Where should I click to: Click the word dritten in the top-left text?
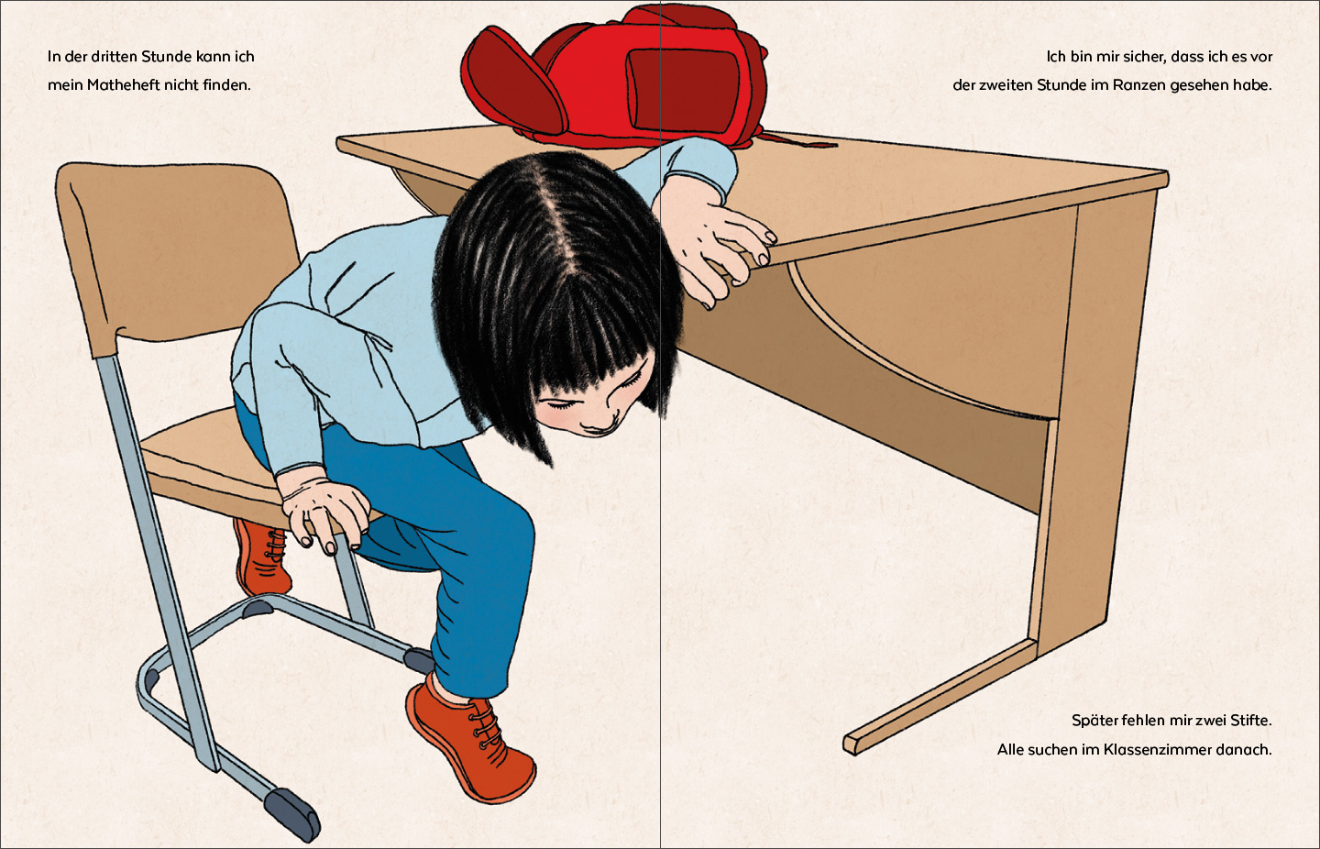115,57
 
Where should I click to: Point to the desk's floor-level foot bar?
940,697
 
